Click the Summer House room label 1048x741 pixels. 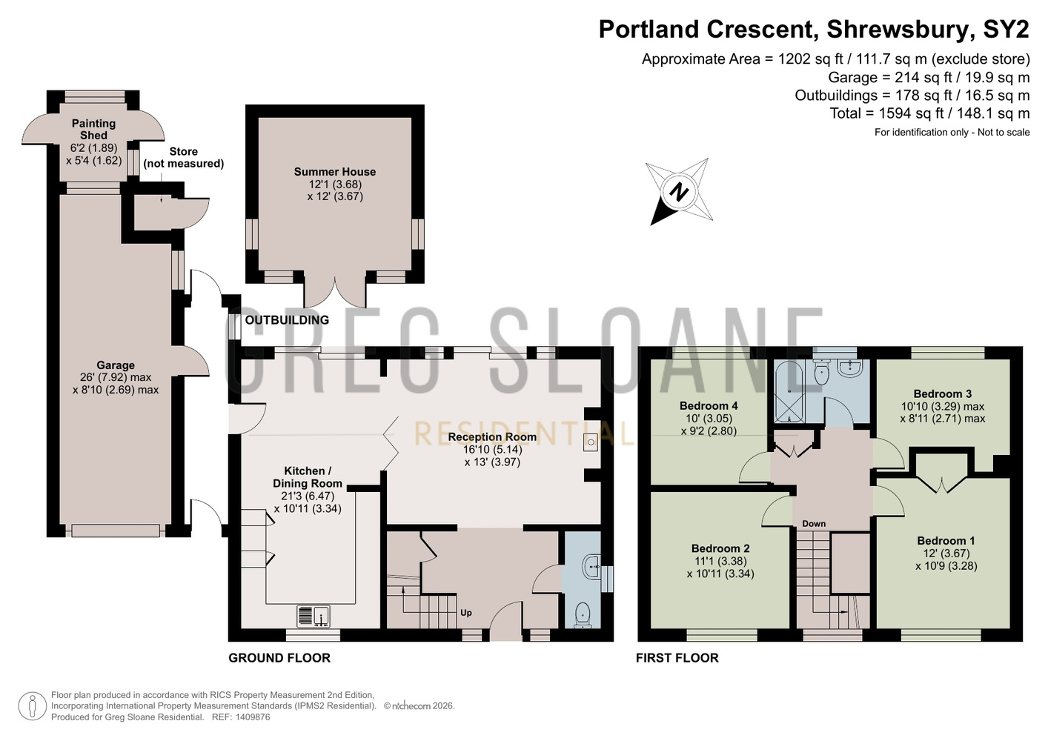coord(334,172)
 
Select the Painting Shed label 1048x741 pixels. coord(93,129)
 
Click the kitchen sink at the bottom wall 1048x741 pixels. coord(314,616)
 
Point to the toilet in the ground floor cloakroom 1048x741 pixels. coord(583,615)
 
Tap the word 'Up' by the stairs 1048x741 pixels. coord(466,612)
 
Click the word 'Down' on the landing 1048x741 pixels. coord(814,523)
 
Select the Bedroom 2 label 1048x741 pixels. coord(720,548)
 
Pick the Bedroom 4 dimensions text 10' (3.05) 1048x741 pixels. coord(709,418)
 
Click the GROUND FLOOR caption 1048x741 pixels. coord(279,658)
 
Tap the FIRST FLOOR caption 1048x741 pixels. coord(677,658)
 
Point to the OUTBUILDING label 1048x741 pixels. coord(287,320)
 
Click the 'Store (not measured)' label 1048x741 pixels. coord(183,157)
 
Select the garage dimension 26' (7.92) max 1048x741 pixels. coord(116,377)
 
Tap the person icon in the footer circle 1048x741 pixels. coord(33,706)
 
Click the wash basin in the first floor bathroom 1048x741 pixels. coord(850,368)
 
